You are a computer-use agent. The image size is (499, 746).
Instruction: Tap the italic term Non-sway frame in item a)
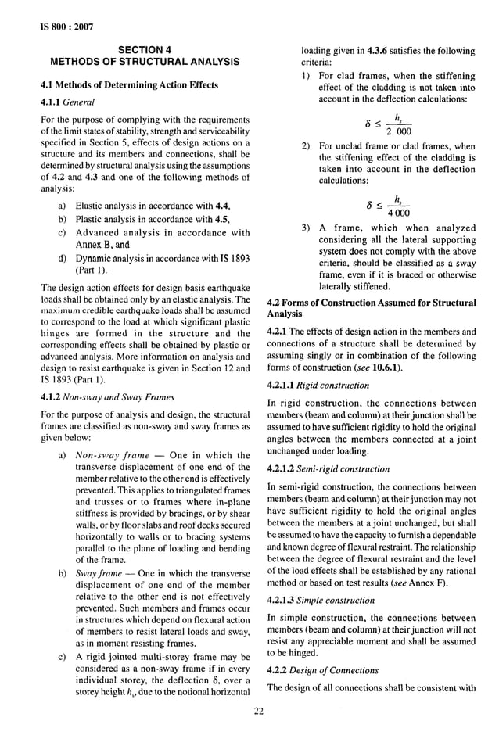click(x=113, y=455)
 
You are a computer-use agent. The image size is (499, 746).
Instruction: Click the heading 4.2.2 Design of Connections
click(x=323, y=670)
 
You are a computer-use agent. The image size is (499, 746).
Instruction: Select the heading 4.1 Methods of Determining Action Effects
click(x=129, y=84)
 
